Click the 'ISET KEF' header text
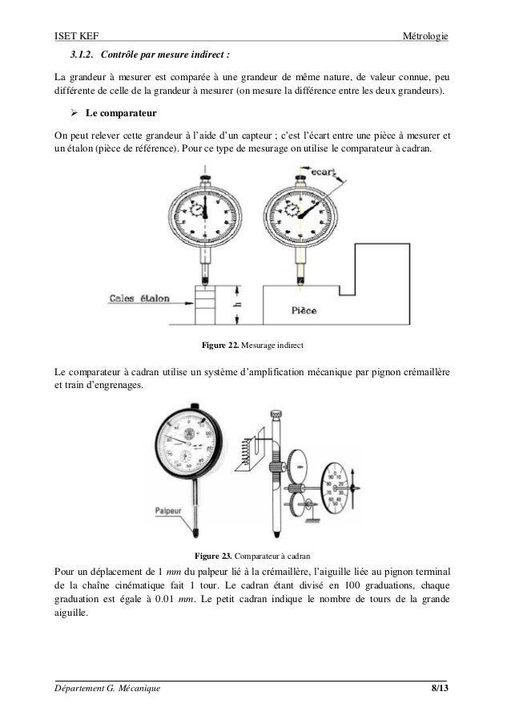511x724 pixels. (74, 36)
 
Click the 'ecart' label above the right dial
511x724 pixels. (320, 170)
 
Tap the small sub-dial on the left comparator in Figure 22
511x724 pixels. (196, 209)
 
